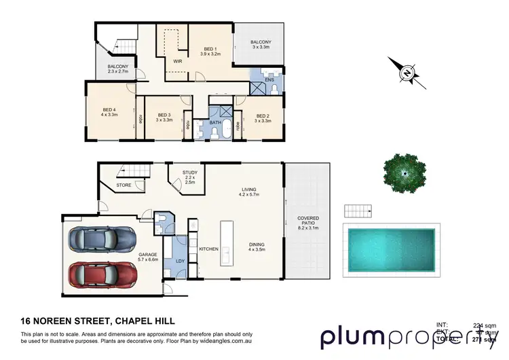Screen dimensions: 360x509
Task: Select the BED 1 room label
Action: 210,50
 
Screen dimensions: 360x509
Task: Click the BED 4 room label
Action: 110,112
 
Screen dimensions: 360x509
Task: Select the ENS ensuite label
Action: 269,79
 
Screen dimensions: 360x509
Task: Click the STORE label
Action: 124,185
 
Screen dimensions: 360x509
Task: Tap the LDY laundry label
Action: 180,260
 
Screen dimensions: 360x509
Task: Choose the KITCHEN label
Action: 208,249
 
